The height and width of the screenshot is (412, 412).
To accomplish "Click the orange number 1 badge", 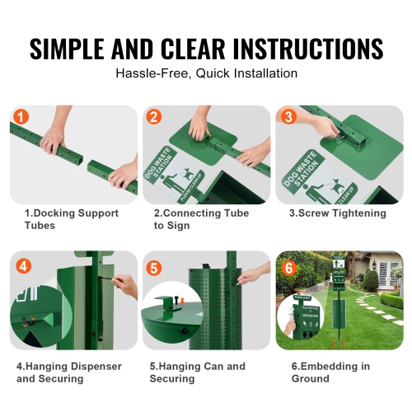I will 21,117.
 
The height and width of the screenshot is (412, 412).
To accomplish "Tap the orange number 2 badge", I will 153,117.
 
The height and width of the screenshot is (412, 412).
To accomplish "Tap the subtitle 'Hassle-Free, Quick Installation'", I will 206,73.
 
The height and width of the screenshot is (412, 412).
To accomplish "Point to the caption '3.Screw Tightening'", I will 337,213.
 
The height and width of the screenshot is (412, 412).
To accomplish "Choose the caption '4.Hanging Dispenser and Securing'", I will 68,372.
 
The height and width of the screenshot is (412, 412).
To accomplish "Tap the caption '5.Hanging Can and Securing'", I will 198,372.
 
